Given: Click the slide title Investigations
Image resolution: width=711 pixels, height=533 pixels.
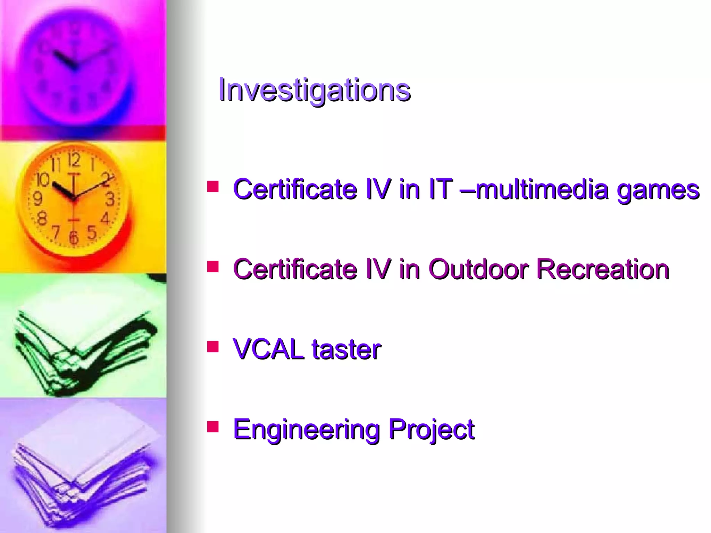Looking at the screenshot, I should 314,90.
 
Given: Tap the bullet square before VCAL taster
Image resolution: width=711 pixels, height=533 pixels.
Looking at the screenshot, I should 213,346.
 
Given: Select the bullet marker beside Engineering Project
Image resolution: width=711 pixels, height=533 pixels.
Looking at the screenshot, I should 213,426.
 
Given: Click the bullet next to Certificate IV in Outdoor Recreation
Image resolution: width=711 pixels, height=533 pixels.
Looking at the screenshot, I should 213,266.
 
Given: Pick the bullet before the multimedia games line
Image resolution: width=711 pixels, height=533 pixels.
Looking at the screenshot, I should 213,186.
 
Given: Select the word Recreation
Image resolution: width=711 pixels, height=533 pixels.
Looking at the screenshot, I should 603,269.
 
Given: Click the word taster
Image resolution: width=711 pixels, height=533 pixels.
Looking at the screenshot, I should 346,350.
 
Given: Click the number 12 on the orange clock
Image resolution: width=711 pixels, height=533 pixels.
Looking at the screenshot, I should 74,160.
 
